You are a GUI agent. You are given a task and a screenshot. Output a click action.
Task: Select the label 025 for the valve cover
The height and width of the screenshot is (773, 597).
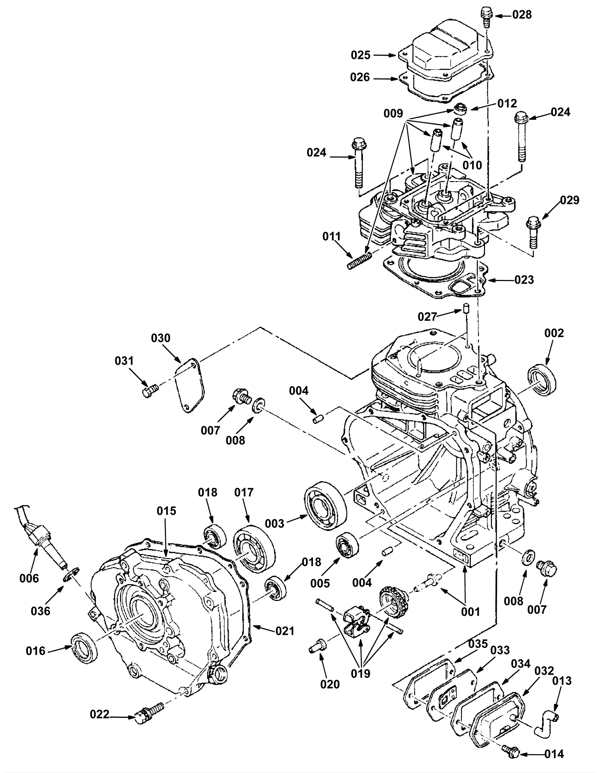[360, 55]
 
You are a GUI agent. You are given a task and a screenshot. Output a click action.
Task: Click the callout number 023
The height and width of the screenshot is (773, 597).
[524, 280]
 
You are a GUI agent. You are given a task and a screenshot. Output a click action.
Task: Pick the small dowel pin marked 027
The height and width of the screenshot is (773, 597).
[465, 309]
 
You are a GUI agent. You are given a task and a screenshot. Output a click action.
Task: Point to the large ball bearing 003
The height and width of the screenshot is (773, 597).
[326, 506]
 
